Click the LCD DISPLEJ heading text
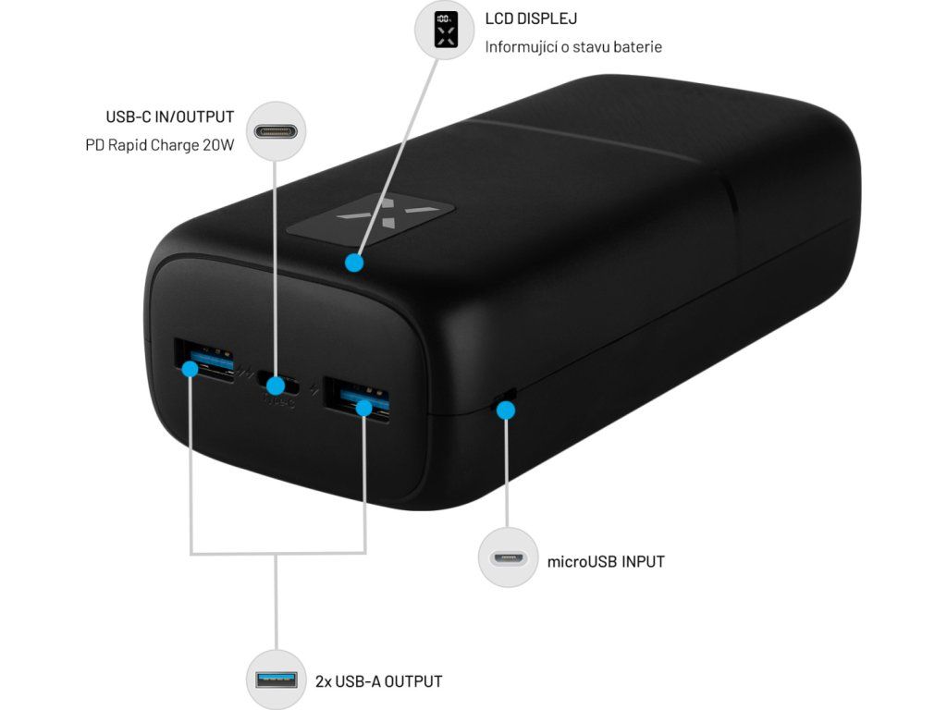pos(531,18)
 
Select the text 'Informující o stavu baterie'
pos(573,46)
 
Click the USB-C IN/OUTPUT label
pos(170,117)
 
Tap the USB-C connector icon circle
pos(276,131)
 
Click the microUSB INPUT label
pos(606,561)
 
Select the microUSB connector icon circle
pos(508,557)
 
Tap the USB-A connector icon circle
pos(277,681)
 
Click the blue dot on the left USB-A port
pos(191,369)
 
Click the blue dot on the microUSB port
pos(505,409)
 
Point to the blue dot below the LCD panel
pos(352,263)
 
